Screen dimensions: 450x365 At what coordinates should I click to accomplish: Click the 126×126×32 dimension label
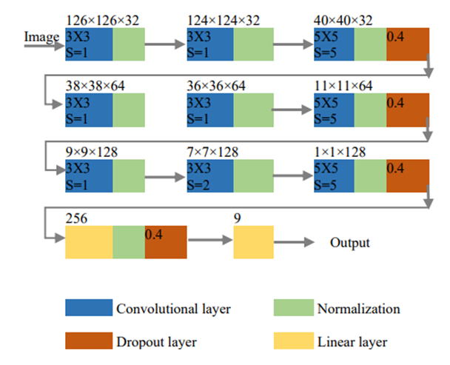(102, 21)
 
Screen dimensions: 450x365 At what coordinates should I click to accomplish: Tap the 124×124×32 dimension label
(224, 21)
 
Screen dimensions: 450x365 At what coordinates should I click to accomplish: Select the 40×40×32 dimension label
(343, 21)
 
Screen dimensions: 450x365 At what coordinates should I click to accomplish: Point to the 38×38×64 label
(95, 86)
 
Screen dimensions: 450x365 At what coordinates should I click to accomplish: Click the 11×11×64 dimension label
(343, 86)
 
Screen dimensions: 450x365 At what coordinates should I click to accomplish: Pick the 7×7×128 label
(212, 152)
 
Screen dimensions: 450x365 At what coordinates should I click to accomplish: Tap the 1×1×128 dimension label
(340, 152)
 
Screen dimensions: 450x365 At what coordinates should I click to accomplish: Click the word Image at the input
(41, 37)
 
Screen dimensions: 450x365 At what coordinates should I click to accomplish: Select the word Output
(350, 243)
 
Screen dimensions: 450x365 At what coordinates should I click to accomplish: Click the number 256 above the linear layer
(76, 218)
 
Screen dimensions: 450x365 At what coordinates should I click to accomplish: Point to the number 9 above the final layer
(237, 218)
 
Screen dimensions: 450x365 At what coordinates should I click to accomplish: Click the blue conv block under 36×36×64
(210, 110)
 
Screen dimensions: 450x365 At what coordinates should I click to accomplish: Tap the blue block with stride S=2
(210, 175)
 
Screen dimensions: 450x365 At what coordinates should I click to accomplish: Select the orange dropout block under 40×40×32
(408, 44)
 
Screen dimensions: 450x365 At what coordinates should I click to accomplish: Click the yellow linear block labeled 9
(253, 242)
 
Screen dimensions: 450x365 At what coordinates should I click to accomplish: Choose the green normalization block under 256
(129, 242)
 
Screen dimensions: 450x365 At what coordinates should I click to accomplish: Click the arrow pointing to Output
(294, 242)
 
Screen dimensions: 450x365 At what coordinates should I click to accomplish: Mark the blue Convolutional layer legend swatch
(89, 307)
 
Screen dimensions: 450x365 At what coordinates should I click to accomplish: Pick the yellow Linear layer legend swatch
(294, 341)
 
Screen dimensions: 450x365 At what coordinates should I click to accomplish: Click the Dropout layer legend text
(156, 342)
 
